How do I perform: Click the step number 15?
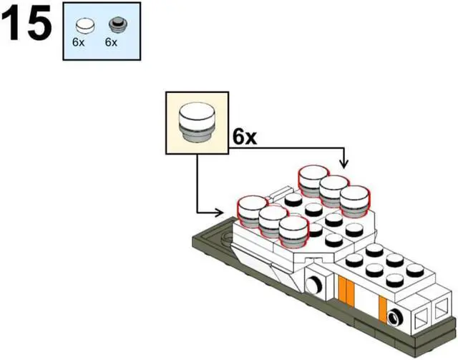point(26,25)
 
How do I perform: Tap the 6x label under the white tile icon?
point(79,42)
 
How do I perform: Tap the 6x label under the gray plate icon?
point(110,42)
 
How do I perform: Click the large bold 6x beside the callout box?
point(244,137)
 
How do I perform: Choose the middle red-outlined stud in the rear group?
point(334,190)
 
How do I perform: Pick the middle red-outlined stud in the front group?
point(273,220)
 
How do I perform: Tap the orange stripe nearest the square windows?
point(384,308)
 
